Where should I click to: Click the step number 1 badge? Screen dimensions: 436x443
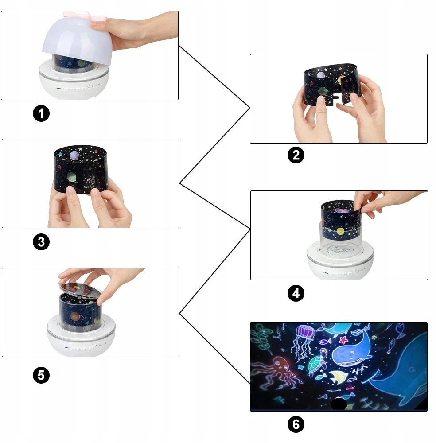click(x=41, y=113)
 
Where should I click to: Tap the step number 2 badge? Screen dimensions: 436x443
click(x=296, y=155)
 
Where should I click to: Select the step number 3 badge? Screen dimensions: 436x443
click(x=41, y=242)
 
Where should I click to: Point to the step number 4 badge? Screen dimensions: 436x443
click(x=296, y=293)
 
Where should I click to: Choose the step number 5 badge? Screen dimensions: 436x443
click(x=41, y=375)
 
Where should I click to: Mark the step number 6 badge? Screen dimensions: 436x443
click(x=296, y=424)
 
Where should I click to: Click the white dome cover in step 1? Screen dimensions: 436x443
click(x=76, y=39)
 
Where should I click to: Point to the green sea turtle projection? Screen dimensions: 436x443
click(x=317, y=365)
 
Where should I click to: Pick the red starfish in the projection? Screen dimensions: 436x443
click(x=343, y=340)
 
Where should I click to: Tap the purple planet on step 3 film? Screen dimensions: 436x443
click(x=74, y=155)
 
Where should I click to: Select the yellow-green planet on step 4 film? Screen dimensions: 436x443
click(x=340, y=232)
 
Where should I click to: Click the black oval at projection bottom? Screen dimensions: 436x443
click(x=339, y=404)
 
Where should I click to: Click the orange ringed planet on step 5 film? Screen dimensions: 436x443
click(x=75, y=316)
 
